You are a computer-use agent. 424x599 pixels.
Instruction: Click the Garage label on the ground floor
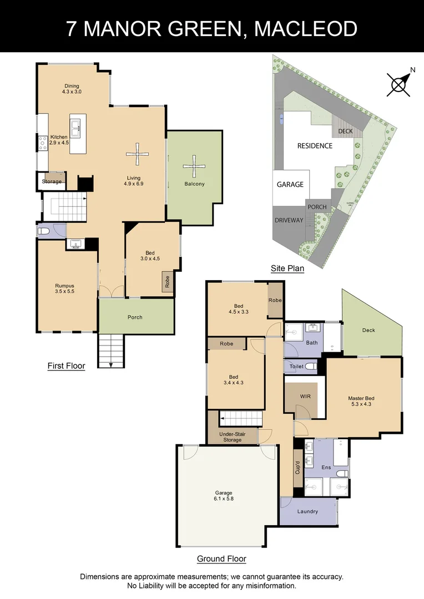tap(224, 493)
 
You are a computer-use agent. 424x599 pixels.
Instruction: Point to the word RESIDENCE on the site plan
tap(315, 146)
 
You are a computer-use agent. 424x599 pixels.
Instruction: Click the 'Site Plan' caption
tap(287, 268)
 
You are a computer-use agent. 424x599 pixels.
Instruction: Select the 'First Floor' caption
tap(66, 366)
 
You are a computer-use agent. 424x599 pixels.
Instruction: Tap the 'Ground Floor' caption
tap(221, 559)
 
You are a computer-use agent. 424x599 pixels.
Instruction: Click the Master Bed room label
tap(361, 398)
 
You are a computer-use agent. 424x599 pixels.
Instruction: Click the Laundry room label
tap(307, 511)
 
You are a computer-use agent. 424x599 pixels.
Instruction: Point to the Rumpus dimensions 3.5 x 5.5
tap(64, 291)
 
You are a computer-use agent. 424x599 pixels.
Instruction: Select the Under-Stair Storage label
tap(232, 436)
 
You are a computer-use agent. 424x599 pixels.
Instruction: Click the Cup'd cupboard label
tap(297, 467)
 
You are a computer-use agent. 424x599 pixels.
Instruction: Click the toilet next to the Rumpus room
tap(44, 231)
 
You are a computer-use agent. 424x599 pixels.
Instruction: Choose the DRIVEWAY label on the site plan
tap(289, 220)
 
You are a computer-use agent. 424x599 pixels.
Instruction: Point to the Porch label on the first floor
tap(135, 317)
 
